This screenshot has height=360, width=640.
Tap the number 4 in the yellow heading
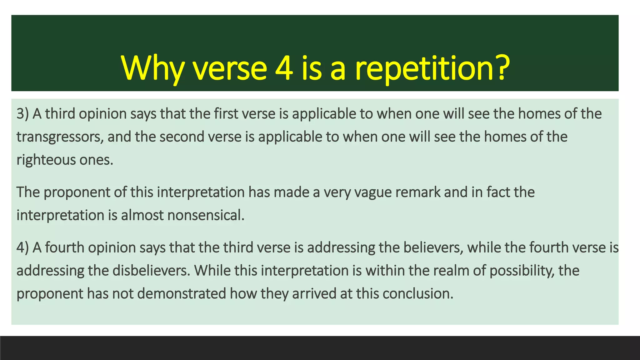click(284, 68)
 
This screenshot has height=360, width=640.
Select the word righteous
click(46, 160)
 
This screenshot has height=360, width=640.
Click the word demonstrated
click(181, 294)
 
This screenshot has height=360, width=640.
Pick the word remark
click(418, 192)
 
